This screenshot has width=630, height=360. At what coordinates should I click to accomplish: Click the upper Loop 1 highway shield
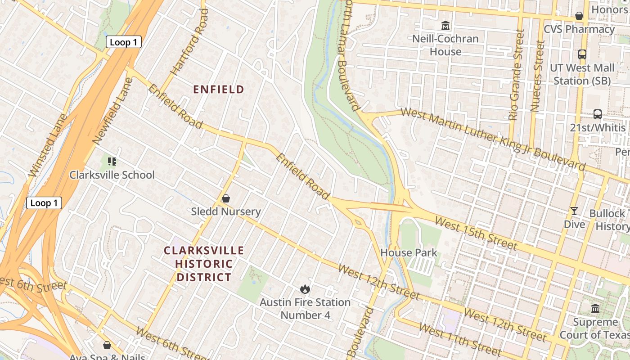(124, 42)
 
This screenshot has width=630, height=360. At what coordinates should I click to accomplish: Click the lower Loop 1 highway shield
(44, 203)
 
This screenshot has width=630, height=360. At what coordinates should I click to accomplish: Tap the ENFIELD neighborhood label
(219, 90)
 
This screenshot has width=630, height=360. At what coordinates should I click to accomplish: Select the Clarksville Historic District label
(204, 264)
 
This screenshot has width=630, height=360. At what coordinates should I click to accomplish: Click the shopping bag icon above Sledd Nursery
(226, 198)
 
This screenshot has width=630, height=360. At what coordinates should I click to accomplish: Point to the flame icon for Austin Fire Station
(305, 289)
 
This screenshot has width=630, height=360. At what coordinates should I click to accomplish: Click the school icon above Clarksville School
(112, 161)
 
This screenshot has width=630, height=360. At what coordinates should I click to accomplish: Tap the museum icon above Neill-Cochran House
(445, 25)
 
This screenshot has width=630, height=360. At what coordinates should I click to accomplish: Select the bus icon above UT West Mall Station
(582, 54)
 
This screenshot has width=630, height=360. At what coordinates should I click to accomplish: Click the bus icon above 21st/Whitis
(598, 114)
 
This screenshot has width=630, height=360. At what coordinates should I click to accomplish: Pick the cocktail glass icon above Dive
(574, 211)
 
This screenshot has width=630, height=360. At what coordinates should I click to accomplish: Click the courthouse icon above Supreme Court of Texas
(595, 309)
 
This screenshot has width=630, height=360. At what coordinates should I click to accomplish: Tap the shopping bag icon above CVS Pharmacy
(579, 16)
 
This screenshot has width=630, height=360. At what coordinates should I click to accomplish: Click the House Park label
(409, 253)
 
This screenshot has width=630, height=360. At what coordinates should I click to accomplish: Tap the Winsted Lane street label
(48, 145)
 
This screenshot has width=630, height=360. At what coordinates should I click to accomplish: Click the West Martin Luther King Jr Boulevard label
(493, 139)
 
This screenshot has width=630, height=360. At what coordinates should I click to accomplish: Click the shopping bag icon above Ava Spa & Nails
(107, 345)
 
